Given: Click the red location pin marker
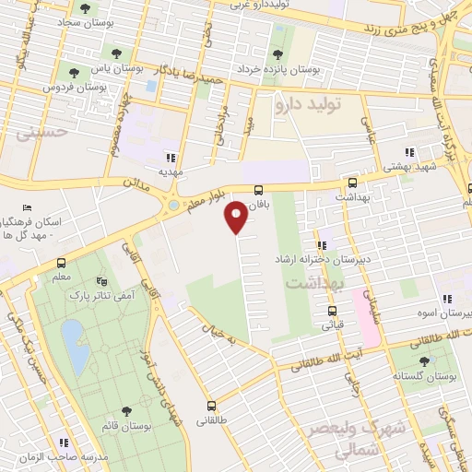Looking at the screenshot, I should pyautogui.click(x=236, y=216).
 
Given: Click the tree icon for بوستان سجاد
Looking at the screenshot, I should pyautogui.click(x=85, y=9).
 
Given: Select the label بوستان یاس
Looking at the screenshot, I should pyautogui.click(x=124, y=67).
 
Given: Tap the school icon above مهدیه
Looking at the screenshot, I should pyautogui.click(x=170, y=157).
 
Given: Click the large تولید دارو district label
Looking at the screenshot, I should pyautogui.click(x=309, y=106).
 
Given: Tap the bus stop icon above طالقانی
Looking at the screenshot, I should pyautogui.click(x=213, y=406).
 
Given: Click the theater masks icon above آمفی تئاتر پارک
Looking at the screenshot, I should pyautogui.click(x=102, y=280).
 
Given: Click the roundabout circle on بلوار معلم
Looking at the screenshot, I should pyautogui.click(x=173, y=204).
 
